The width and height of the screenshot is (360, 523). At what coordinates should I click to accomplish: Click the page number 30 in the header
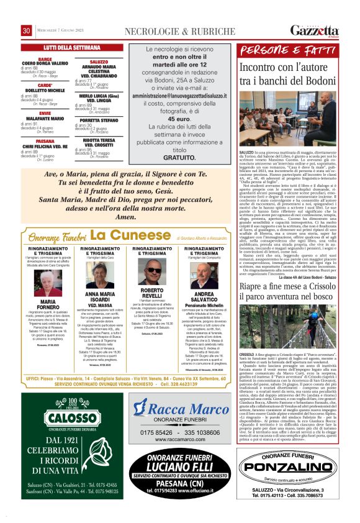(27, 31)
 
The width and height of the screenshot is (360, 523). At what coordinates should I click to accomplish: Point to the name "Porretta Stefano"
(99, 121)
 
